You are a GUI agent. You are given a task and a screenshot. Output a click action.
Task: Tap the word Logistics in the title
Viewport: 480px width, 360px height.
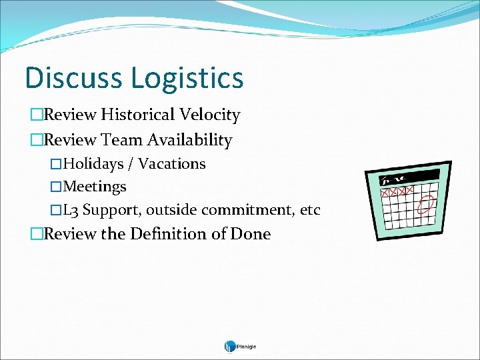pos(187,79)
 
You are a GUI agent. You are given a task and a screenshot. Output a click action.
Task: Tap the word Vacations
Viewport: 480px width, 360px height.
pos(172,164)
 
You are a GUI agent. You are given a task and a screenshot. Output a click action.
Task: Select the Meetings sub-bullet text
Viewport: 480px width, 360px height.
pos(95,187)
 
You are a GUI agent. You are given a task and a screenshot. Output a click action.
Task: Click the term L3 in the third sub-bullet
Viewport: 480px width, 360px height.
pos(71,211)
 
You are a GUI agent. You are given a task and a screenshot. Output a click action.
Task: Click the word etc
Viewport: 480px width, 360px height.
pos(310,211)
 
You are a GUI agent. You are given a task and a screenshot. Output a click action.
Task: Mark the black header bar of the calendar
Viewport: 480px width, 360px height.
pos(409,177)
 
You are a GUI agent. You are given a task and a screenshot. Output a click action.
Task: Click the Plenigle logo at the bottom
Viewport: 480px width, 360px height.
pos(240,346)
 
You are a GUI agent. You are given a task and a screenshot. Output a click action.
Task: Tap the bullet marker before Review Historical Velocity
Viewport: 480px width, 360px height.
pos(36,115)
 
